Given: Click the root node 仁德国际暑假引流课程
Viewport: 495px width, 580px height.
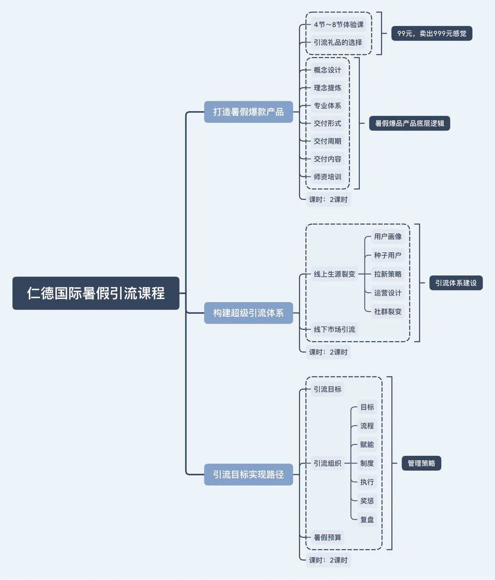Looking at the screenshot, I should pos(96,293).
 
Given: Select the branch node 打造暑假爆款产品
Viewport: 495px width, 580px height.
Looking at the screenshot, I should pos(248,112).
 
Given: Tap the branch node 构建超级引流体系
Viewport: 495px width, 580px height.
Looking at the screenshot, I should pos(248,313).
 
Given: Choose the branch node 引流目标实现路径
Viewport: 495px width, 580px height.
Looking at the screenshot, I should pos(248,475).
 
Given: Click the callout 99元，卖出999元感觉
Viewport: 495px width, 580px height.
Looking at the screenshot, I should pos(432,33).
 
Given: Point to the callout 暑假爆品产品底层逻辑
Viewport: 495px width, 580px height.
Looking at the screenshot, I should pos(409,123).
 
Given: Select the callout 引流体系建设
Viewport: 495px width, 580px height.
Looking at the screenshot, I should pos(456,283).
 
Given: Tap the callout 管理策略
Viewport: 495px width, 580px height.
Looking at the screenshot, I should pos(421,463).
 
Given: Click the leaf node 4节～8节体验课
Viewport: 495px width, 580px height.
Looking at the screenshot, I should pos(339,24).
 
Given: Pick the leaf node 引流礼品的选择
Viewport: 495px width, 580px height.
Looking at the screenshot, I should pos(338,42).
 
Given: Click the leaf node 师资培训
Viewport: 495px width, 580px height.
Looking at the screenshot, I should pos(327,177).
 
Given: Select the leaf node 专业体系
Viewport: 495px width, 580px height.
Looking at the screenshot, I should pos(327,105).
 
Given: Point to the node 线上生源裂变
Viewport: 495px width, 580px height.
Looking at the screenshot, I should pos(334,274).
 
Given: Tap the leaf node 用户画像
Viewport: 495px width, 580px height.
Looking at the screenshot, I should pos(388,237).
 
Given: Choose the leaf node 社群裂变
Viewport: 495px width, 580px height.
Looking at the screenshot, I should pos(388,311).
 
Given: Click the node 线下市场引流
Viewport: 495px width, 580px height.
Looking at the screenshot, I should pos(334,329).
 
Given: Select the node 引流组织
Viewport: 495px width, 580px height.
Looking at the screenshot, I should pos(327,463).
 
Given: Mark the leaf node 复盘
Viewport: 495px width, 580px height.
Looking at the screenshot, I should pos(367,519).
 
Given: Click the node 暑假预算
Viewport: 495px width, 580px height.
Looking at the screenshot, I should pos(327,537).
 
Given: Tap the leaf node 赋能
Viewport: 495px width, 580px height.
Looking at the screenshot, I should pos(367,444).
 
